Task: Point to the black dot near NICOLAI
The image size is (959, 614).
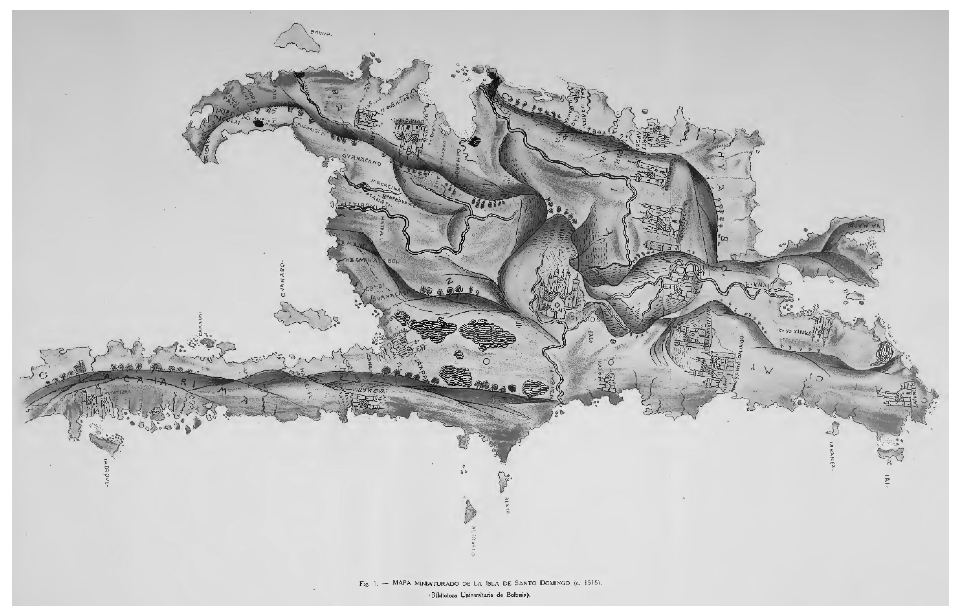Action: click(260, 124)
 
